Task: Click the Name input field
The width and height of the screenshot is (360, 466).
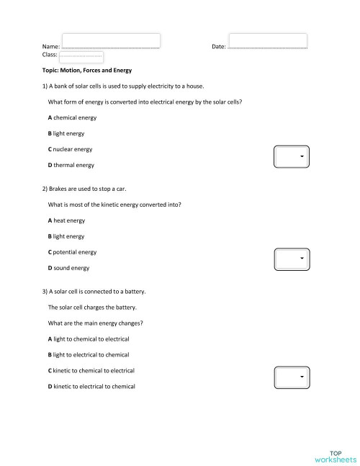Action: tap(111, 40)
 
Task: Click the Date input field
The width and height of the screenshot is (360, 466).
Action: tap(267, 40)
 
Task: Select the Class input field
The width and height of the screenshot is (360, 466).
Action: tap(81, 56)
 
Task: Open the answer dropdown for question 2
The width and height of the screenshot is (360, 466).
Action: tap(292, 258)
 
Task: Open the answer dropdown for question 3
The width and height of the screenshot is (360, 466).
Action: tap(292, 377)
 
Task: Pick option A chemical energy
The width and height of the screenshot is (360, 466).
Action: tap(72, 117)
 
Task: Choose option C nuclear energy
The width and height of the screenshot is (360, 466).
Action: tap(70, 149)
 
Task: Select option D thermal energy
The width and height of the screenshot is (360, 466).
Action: tap(71, 166)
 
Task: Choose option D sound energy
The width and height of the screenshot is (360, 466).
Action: tap(68, 268)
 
